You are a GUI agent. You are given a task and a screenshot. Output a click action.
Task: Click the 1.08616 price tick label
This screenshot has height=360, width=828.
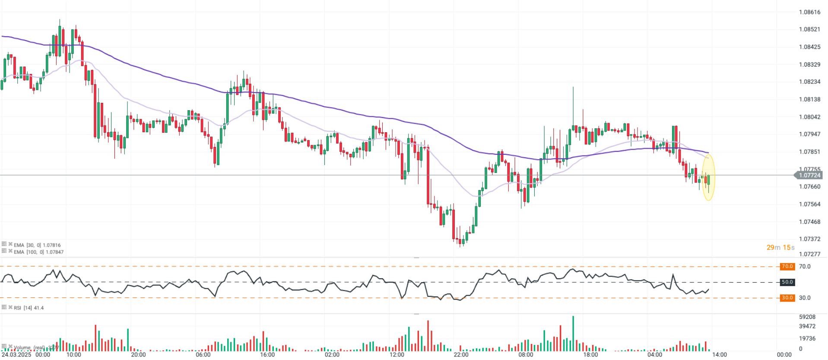point(809,12)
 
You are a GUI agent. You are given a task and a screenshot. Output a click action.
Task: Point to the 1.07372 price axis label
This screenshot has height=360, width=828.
point(809,239)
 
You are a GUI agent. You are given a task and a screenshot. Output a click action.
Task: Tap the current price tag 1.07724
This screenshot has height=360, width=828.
point(809,175)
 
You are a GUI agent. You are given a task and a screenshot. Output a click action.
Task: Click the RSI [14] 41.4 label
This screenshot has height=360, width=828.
point(29,308)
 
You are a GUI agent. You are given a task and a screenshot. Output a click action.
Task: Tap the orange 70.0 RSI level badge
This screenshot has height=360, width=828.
point(787,267)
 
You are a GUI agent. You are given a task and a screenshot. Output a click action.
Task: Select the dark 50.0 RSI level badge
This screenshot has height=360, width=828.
point(787,282)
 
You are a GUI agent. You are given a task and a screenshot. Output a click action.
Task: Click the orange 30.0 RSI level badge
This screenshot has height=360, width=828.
point(787,298)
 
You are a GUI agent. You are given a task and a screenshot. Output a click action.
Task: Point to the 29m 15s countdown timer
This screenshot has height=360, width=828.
point(780,247)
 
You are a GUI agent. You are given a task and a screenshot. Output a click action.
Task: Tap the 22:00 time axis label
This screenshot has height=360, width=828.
point(461,354)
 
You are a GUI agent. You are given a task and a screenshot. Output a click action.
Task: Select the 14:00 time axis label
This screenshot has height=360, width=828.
point(719,354)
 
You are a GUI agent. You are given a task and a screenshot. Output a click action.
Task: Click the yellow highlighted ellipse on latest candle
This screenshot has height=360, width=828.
point(708,177)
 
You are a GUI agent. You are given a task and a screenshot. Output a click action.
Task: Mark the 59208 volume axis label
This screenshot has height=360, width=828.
point(807,317)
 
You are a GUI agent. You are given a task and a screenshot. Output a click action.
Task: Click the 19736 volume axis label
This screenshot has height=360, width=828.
point(807,338)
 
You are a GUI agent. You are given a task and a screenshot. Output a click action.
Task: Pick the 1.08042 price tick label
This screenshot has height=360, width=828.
point(809,117)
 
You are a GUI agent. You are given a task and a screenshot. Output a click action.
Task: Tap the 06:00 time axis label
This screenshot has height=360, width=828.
point(203,354)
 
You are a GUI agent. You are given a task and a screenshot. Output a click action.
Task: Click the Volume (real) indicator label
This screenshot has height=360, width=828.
point(35,347)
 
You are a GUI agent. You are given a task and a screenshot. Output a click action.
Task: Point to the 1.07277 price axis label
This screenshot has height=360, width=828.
point(809,254)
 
